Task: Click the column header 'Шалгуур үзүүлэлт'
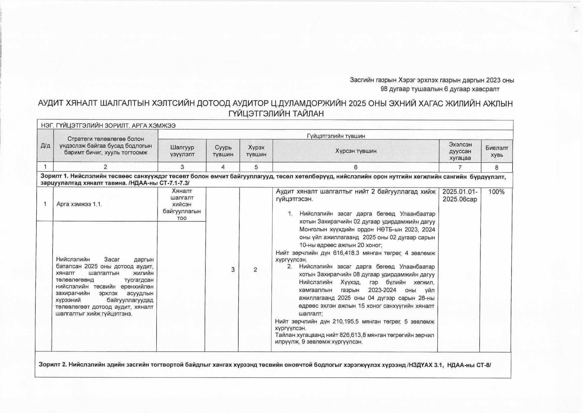pos(182,151)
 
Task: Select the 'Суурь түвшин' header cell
pos(223,151)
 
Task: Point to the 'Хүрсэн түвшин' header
pos(356,151)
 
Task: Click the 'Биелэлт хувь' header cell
pos(497,151)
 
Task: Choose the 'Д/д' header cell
pos(45,146)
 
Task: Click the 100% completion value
pos(496,192)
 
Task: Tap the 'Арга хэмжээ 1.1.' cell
pos(79,204)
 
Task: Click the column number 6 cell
pos(356,167)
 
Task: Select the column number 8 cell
pos(496,167)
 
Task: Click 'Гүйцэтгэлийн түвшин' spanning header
pos(336,136)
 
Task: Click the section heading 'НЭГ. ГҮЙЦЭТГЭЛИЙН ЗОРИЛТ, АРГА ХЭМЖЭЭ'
pos(108,126)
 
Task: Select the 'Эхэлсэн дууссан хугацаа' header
pos(460,151)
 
